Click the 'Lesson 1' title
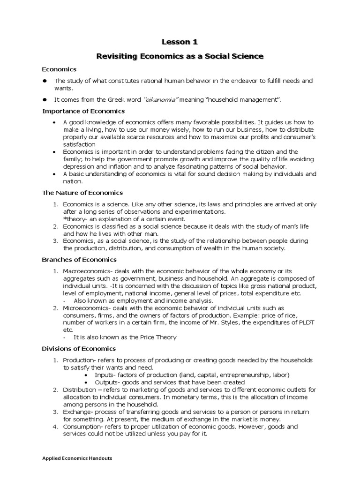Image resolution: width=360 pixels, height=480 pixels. (x=180, y=42)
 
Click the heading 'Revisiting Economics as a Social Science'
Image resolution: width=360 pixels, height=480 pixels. (x=180, y=56)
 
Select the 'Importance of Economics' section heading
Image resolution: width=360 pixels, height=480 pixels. (x=83, y=111)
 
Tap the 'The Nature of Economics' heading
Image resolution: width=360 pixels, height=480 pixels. (x=82, y=193)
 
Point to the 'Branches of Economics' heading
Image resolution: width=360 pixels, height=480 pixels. (x=79, y=259)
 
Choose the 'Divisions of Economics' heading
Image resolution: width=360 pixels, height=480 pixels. (x=79, y=349)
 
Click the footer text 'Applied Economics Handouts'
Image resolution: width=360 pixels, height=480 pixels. (x=77, y=458)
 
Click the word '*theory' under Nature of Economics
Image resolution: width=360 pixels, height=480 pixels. (x=73, y=219)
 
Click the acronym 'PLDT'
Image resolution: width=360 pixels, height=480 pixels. (x=307, y=322)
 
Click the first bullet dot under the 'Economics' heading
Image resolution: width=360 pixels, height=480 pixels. (x=45, y=81)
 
